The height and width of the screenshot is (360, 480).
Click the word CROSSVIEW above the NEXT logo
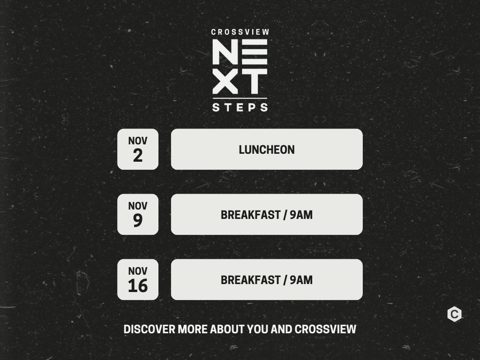[x=240, y=32]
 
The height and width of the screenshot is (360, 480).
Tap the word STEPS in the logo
[x=240, y=107]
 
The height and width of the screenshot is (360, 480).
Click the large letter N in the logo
[x=225, y=52]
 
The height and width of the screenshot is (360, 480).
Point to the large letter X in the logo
[x=225, y=81]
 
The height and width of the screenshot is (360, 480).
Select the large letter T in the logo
[x=254, y=81]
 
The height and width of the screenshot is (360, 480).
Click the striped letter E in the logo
[x=255, y=52]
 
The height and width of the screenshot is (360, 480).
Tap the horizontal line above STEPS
[x=240, y=98]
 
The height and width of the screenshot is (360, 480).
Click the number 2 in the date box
[x=138, y=156]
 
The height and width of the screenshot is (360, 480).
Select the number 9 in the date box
[x=138, y=220]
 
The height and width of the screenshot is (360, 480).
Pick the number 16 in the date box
[x=138, y=285]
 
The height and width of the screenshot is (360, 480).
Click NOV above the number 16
[x=138, y=271]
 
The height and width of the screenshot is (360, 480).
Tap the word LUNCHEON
[x=267, y=150]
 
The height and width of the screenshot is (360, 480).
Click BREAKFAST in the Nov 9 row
[x=251, y=215]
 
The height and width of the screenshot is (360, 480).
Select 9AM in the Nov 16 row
[x=301, y=280]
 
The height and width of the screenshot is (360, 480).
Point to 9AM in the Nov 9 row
[x=301, y=215]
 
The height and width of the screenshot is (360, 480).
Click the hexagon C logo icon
[x=454, y=314]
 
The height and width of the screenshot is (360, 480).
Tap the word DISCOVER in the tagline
[x=150, y=330]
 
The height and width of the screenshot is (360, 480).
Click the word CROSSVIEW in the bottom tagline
[x=325, y=330]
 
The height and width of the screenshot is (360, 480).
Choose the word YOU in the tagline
[x=257, y=330]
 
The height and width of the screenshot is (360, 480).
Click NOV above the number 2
[x=138, y=141]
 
